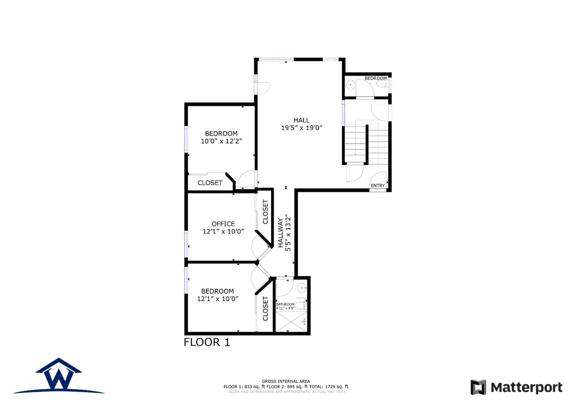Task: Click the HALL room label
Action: coord(301,120)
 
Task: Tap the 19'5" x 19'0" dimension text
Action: coord(301,128)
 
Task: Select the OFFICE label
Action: coord(223,224)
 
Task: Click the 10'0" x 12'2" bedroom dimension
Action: coord(221,141)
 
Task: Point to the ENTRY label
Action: coord(378,186)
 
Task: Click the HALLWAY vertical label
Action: coord(281,233)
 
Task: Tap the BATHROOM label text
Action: coord(285,304)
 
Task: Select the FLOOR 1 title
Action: coord(207,342)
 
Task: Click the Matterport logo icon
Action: coord(478,387)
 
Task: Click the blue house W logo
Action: coord(59,376)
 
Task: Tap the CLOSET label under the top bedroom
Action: coord(210,183)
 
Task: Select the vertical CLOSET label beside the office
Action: coord(266,212)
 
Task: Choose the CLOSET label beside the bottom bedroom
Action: coord(266,308)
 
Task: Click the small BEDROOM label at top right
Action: coord(375,78)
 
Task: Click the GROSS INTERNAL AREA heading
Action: coord(286,381)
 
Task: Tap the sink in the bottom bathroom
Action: coord(302,287)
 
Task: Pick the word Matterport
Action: coord(526,387)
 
